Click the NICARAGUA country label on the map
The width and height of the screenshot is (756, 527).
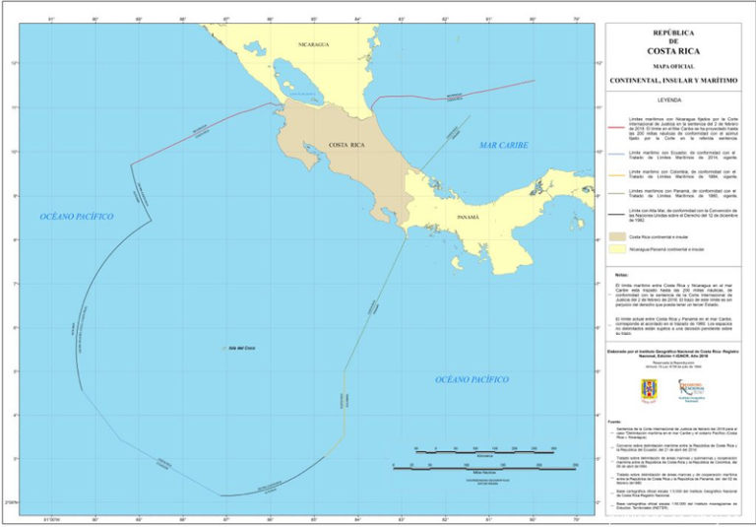(313, 44)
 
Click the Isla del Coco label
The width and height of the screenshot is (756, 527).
(241, 348)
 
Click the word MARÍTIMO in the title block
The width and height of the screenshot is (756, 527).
(718, 80)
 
